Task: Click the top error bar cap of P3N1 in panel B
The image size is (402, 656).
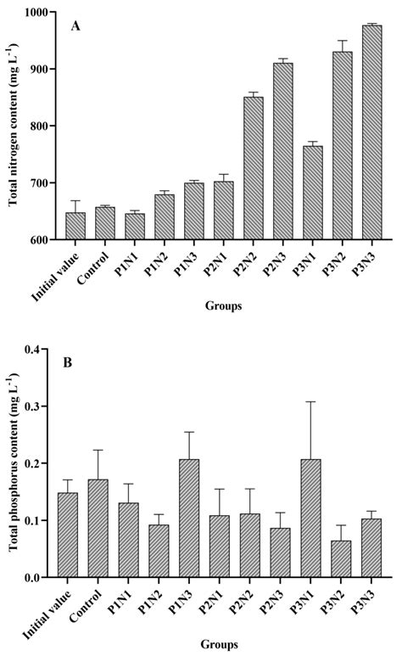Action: (x=312, y=401)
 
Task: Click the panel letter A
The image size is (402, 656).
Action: (x=75, y=26)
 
